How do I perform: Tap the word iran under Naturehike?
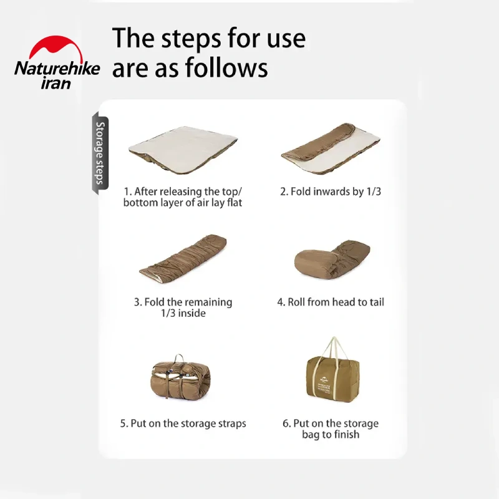(x=56, y=83)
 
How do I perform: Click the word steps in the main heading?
(x=191, y=39)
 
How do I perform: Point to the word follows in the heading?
(x=226, y=67)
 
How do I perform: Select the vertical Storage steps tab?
(x=100, y=154)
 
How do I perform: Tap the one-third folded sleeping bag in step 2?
(x=331, y=148)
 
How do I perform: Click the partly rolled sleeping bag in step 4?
(x=332, y=260)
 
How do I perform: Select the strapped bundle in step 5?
(x=180, y=377)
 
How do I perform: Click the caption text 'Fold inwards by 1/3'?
(x=331, y=191)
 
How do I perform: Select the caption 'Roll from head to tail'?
(x=331, y=302)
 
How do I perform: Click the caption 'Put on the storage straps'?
(x=183, y=424)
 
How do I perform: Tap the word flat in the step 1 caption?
(x=235, y=202)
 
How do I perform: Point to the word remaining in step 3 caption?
(x=209, y=302)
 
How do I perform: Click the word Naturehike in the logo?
(x=57, y=69)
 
